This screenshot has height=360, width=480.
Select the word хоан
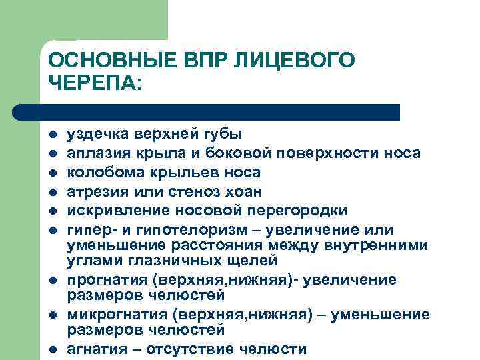pos(244,192)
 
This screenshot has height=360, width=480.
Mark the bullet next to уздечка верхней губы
pos(52,135)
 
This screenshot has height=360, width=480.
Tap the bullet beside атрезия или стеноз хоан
pos(52,193)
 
